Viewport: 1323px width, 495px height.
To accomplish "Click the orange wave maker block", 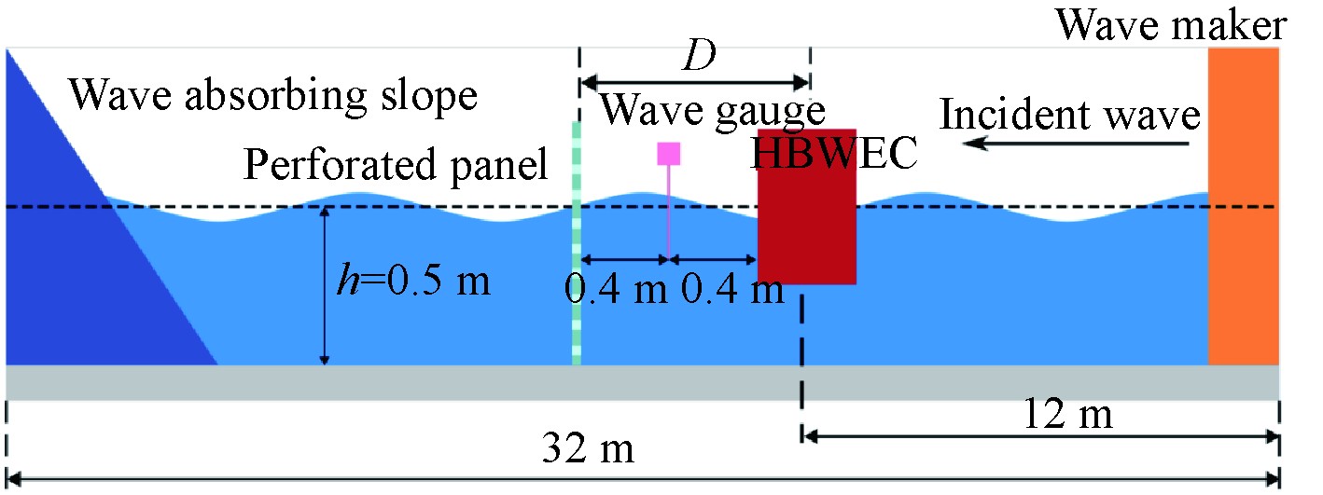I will click(1243, 205).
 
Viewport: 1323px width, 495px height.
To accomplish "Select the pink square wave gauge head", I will click(668, 153).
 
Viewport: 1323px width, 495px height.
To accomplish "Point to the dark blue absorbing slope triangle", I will click(84, 261).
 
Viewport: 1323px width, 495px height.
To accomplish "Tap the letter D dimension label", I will click(696, 58).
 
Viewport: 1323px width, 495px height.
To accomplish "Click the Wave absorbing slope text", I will click(273, 95).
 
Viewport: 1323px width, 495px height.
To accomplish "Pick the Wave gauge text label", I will click(712, 112).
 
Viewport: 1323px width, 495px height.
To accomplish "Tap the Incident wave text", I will click(1069, 116).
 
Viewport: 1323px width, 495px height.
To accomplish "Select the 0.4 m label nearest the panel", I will click(617, 291).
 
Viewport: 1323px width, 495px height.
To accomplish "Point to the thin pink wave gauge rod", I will click(668, 210).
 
